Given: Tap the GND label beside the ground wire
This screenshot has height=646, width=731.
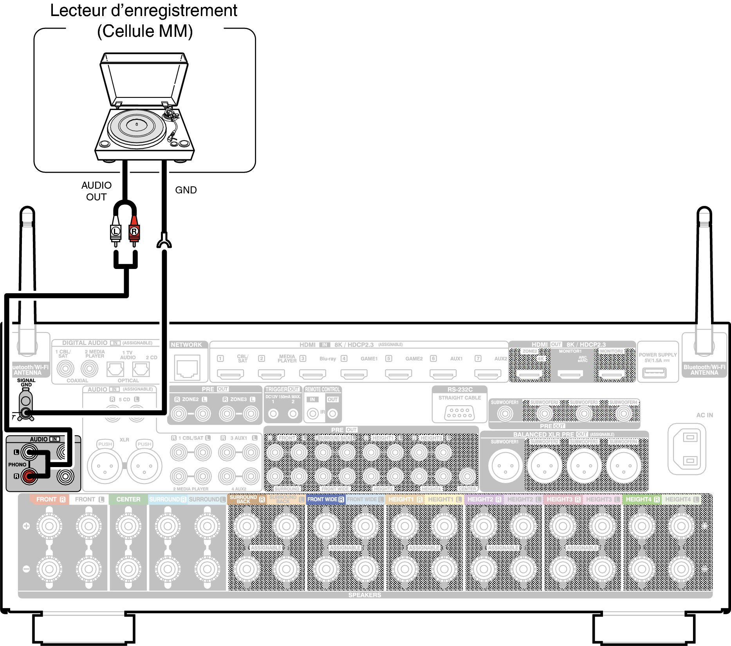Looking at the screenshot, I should pos(186,190).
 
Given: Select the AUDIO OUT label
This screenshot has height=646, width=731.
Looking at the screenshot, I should pos(96,191).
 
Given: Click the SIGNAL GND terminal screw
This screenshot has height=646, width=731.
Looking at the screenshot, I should pos(26,412).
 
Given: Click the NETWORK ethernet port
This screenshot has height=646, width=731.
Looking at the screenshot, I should pos(188,367).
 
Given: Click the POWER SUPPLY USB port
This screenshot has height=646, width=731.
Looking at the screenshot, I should pos(654,372).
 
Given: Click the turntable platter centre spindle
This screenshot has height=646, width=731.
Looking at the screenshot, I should pos(137,125).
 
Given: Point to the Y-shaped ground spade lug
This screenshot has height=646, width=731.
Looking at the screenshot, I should pos(164,241).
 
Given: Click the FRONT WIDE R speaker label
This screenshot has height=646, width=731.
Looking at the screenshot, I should pos(325,500).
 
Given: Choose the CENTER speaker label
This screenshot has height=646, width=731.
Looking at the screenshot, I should pos(128,500).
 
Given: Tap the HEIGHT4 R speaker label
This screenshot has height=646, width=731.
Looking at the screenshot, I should pos(642,500).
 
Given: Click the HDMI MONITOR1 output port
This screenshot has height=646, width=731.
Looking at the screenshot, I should pos(570,375).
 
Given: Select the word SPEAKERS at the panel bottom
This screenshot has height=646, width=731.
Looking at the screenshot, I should pos(365,595).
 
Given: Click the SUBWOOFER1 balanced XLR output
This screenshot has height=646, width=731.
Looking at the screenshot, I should pos(505,466).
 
